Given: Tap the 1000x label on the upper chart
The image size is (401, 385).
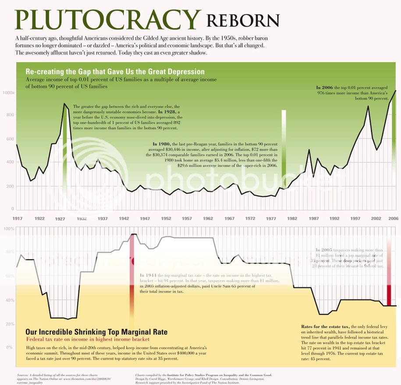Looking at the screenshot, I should pos(8,93).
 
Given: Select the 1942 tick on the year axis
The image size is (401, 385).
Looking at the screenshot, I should pos(124,218).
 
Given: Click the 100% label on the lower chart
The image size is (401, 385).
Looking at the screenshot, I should pos(10,229).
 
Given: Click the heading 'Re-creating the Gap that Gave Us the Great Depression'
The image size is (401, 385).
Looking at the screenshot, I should pos(115,72).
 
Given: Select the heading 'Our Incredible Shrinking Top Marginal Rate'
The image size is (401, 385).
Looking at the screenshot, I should pos(96,332).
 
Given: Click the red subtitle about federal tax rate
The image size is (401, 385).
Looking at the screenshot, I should pos(88,339).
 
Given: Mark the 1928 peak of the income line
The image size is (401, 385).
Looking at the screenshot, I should pos(65,104).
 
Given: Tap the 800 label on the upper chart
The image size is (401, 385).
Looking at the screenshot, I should pos(9,115).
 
